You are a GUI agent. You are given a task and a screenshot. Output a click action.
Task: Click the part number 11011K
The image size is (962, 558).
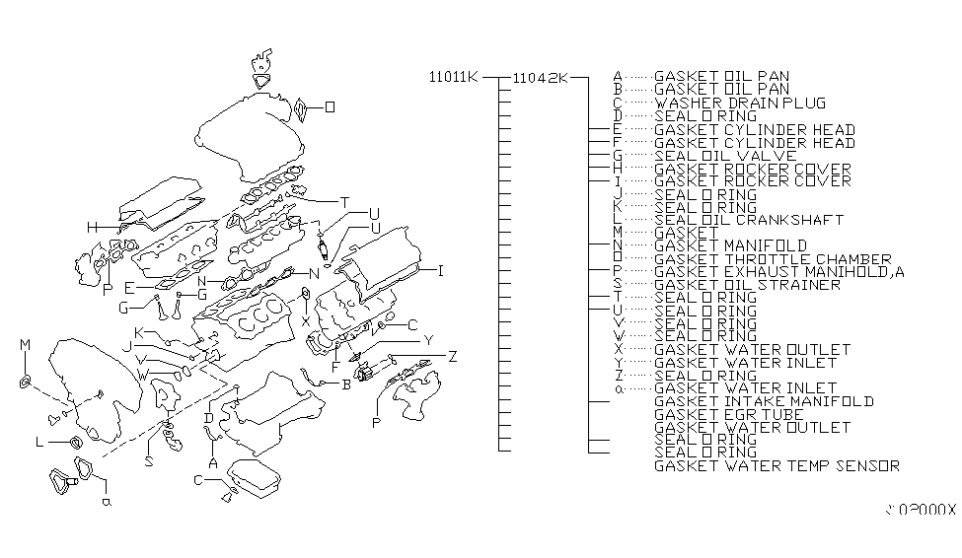(x=453, y=77)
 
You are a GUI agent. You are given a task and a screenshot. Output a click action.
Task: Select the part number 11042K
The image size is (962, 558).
(x=540, y=77)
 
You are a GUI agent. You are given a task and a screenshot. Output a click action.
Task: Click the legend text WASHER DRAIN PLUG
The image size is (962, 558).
(x=740, y=103)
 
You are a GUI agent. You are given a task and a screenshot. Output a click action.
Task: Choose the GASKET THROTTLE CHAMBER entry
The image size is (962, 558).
(x=773, y=259)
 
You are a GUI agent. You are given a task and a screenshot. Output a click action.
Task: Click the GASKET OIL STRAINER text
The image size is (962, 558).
(x=747, y=285)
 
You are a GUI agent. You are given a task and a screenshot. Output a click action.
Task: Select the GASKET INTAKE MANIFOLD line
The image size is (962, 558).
(x=764, y=401)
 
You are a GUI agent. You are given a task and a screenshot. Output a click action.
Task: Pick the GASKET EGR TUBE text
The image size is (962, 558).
(x=729, y=415)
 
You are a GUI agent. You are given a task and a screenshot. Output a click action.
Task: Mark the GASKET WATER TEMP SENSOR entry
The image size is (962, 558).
(x=777, y=465)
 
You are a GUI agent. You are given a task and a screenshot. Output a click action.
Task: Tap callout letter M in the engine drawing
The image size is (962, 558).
(x=26, y=343)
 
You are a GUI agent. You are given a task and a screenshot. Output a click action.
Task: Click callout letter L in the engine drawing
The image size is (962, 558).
(x=38, y=444)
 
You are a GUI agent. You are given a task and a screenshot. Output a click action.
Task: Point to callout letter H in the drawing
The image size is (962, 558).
(x=91, y=228)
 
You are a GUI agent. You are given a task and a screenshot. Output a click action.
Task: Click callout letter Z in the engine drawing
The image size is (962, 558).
(x=451, y=356)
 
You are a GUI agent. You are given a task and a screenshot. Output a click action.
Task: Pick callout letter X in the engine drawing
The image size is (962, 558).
(x=307, y=321)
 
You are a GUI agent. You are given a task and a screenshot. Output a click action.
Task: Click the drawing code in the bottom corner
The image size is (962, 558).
(x=920, y=510)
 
